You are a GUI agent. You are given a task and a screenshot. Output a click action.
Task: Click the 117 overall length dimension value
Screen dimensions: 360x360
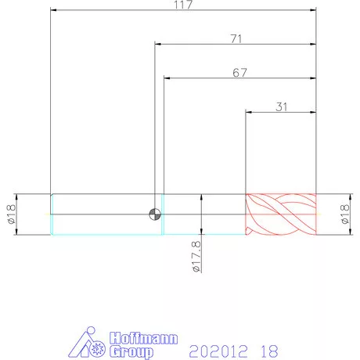coord(183,5)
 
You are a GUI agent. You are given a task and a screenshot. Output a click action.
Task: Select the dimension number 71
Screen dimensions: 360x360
coord(236,39)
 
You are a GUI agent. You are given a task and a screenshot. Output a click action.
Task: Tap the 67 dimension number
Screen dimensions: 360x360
coord(239,73)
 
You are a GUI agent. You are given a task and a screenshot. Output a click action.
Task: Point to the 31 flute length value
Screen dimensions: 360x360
coord(282,107)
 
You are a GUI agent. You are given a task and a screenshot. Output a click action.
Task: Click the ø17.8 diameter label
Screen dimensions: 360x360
coord(196,257)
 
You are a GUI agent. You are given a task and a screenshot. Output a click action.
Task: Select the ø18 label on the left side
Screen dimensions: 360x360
coord(12,214)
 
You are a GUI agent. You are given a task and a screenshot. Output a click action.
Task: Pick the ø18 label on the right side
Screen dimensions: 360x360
coord(345,214)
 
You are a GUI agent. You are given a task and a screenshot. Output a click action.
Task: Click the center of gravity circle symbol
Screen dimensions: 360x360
coord(155,214)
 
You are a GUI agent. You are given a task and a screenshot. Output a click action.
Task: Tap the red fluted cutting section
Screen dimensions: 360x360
coord(281,214)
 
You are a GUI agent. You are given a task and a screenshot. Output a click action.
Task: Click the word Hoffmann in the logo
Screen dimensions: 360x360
coord(144,338)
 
